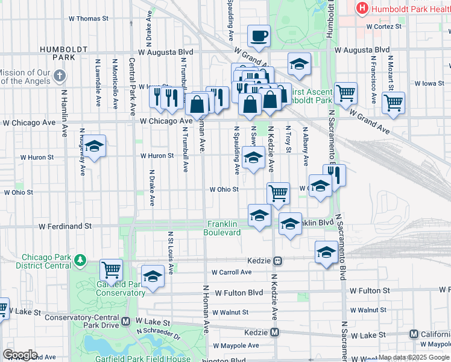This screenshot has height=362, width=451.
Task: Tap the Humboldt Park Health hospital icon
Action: [x=362, y=8]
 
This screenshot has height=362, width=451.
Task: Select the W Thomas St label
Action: [x=88, y=19]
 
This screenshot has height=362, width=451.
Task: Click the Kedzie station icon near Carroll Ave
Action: [x=278, y=261]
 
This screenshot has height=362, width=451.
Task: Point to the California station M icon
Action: [x=414, y=334]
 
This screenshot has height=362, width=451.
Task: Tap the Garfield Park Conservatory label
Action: [x=121, y=288]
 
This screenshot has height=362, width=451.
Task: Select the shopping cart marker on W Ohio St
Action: [x=278, y=194]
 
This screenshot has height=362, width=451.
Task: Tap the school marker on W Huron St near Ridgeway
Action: [x=94, y=147]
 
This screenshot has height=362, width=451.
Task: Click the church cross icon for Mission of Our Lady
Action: [x=59, y=76]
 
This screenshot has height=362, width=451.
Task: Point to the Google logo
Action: [x=20, y=355]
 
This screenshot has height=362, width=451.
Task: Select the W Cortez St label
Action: [x=384, y=27]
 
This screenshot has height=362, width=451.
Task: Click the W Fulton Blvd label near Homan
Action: [x=239, y=293]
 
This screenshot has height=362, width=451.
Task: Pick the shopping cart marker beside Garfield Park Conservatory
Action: [x=111, y=271]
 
